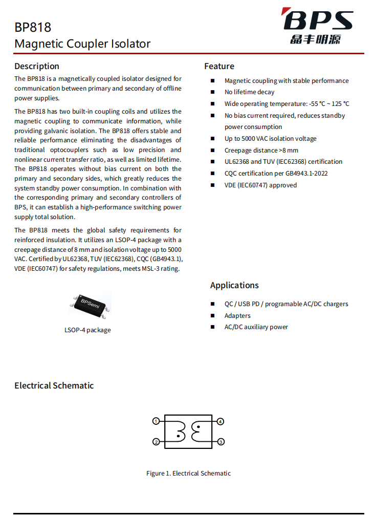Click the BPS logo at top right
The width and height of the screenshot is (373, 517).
pos(318,26)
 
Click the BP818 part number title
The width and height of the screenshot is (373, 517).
pos(33,28)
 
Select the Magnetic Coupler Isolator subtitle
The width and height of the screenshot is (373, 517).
pos(82,44)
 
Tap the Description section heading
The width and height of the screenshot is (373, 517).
pos(37,66)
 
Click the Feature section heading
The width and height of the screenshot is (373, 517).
pos(219,66)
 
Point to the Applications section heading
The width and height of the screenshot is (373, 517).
pos(234,285)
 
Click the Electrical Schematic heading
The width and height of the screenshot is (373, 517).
pos(54,385)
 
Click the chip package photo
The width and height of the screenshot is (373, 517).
pos(90,305)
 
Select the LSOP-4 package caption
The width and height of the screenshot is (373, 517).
pos(87,330)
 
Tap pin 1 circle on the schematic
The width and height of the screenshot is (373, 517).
pos(156,421)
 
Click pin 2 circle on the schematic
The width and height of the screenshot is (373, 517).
pos(156,442)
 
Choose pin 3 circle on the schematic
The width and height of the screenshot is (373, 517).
pos(221,442)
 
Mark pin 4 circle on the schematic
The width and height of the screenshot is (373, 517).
pos(221,421)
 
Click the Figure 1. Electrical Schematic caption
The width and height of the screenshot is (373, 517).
pos(188,473)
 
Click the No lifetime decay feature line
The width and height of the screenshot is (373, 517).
pos(249,92)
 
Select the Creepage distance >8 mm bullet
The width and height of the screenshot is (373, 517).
pos(261,150)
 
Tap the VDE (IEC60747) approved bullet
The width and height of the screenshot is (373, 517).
pos(260,185)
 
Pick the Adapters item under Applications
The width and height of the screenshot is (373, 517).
pos(237,316)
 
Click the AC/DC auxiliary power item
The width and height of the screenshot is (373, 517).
pos(256,327)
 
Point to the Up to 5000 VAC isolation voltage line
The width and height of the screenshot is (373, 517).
pos(270,139)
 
